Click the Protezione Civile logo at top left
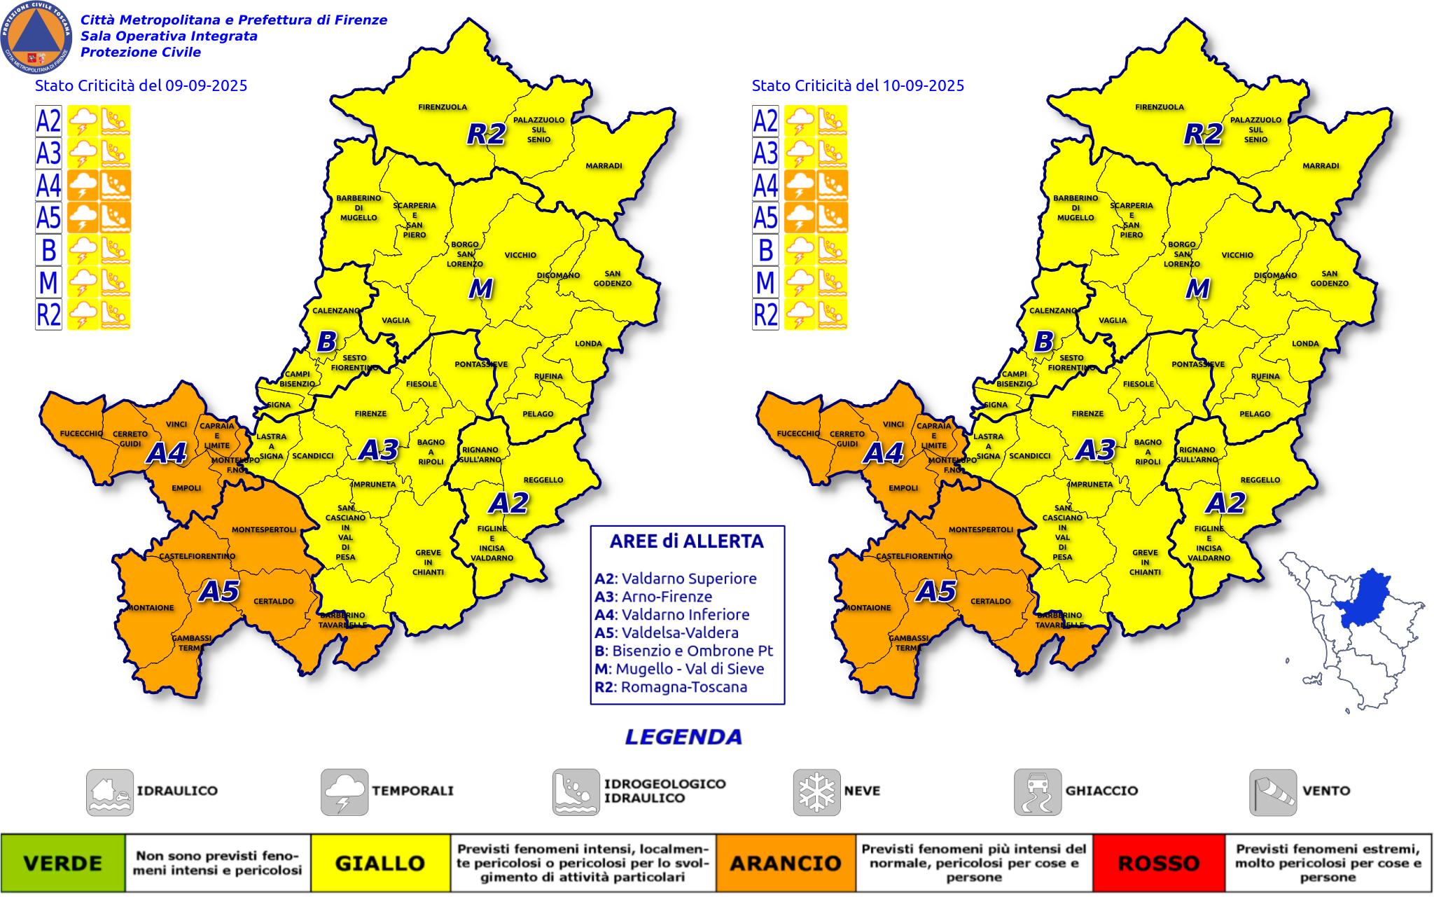pos(36,36)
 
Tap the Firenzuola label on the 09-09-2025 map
pos(443,107)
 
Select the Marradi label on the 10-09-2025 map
pos(1321,166)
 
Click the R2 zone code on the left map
pos(486,134)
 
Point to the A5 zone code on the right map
pos(936,592)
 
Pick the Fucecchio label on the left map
pos(81,434)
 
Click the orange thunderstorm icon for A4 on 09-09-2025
pos(83,185)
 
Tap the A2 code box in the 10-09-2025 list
pos(765,120)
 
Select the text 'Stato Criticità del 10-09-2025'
pos(858,85)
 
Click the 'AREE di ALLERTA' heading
pos(686,541)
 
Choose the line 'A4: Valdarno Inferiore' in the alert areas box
pos(671,614)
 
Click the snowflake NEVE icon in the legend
pos(816,792)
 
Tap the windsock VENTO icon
pos(1272,792)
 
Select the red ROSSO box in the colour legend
pos(1158,863)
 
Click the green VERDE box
pos(63,863)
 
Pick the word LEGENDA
pos(683,737)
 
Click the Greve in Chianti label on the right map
pos(1145,562)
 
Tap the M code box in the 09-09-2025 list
pos(48,282)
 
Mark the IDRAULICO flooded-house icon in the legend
pos(110,792)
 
